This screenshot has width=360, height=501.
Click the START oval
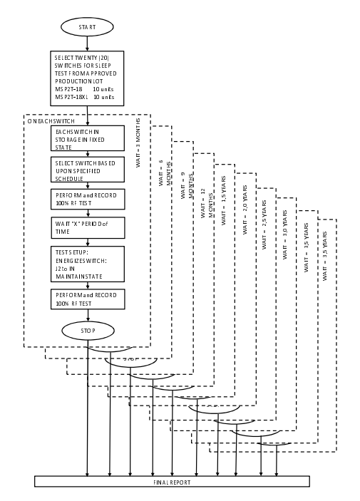point(87,27)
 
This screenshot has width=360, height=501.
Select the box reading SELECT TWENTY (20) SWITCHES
point(87,78)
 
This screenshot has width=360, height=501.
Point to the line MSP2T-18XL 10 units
point(84,97)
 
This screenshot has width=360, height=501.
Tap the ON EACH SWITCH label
point(51,121)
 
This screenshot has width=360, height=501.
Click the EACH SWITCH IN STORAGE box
point(88,138)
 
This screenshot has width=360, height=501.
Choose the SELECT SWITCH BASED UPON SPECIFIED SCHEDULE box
point(88,170)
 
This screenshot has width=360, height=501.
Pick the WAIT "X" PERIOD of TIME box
point(88,228)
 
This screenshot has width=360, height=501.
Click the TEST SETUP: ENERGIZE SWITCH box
point(88,264)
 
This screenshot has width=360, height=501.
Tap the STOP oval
point(88,331)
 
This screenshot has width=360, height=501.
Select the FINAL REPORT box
point(172,482)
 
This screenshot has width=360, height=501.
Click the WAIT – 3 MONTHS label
point(138,143)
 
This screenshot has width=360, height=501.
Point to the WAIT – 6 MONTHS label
point(165,172)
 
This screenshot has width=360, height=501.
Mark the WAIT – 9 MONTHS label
point(187,185)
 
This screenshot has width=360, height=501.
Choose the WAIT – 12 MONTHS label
point(207,203)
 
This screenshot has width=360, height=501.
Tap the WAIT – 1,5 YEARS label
point(223,201)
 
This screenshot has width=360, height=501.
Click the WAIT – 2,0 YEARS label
point(245,210)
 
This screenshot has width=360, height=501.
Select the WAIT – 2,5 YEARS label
point(264,225)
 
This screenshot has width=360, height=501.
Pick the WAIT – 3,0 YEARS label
point(285,235)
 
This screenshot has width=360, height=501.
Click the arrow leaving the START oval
point(87,43)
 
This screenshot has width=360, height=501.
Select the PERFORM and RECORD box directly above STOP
point(88,299)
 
